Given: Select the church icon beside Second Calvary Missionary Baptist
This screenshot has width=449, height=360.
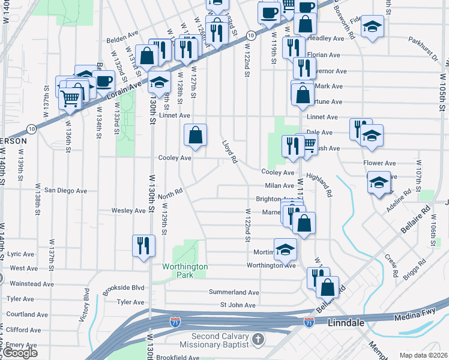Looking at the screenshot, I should pos(258,340).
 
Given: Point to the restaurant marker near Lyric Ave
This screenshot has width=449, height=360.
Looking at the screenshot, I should pos(144,246).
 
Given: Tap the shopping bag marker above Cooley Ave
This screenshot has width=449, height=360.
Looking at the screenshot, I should pos(196,136).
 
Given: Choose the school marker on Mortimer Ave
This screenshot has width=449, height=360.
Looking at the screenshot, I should pos(286,249).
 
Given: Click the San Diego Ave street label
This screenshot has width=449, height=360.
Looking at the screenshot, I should pos(65,191).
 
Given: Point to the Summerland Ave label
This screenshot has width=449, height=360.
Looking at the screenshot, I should pos(234,292).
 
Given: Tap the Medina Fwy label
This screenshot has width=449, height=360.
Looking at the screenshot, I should pos(414,317).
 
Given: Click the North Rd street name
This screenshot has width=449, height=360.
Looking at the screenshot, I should pos(170,194).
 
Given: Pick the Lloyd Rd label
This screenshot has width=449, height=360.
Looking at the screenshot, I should pos(230,152).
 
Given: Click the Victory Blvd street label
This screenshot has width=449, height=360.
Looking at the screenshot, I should pos(86,305).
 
